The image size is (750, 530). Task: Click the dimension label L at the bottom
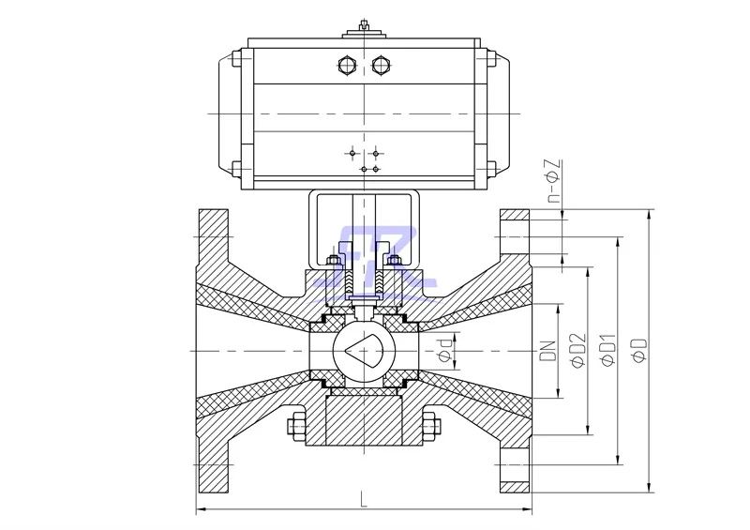point(363,501)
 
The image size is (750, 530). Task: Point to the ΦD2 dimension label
point(579,349)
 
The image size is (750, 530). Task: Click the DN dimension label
point(550,350)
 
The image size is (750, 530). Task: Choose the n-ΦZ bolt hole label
point(553,184)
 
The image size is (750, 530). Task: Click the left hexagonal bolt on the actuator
point(344,65)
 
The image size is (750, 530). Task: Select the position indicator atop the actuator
point(362,32)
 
